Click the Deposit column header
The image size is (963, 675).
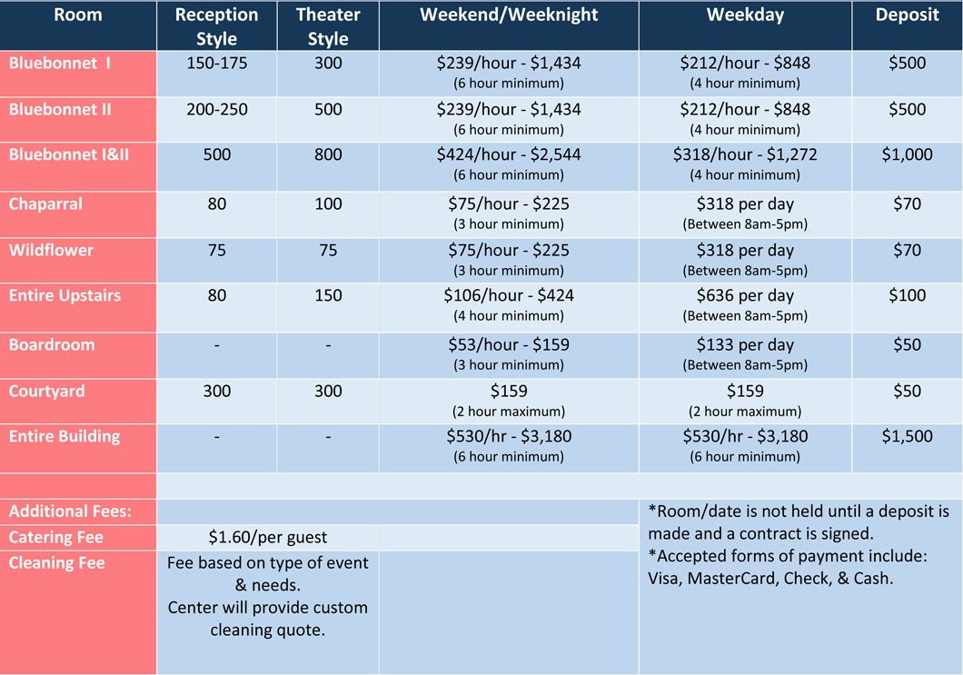[x=907, y=15]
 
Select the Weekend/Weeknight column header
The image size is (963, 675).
[x=509, y=15]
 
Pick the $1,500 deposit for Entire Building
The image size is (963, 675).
[x=907, y=436]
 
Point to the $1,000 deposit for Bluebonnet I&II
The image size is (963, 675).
[x=907, y=154]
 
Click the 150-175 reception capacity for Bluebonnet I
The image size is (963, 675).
[x=216, y=64]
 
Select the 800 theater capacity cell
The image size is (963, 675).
[x=328, y=154]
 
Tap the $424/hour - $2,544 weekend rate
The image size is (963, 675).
[x=509, y=154]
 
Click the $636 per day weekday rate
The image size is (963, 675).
[x=745, y=295]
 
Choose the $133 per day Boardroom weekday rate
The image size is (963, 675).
[x=745, y=345]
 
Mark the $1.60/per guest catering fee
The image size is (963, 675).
[x=268, y=537]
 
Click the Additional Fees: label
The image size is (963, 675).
[x=70, y=511]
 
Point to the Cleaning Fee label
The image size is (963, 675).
[x=56, y=563]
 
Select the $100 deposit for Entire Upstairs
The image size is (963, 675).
[x=907, y=295]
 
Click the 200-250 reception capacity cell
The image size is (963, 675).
[x=216, y=109]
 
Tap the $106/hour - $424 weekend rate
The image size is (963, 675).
[x=509, y=295]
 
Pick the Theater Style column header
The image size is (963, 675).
[x=328, y=26]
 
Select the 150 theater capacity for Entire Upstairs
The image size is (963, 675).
[x=328, y=295]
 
